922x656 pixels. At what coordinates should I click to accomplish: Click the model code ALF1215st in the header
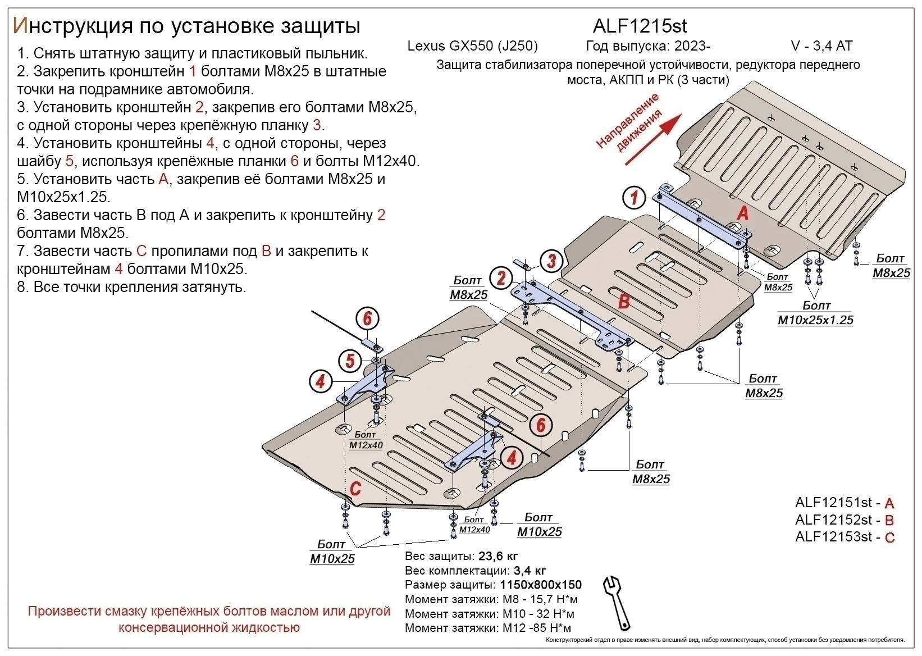pos(640,26)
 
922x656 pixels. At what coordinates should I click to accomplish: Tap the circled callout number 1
pos(635,198)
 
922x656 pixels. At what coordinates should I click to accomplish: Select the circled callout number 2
pos(501,278)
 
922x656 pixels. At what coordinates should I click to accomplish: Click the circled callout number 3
pos(551,261)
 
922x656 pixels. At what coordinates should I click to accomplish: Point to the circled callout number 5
pos(350,361)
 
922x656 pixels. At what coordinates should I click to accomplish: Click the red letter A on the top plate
pos(742,213)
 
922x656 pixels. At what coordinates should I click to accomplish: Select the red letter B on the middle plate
pos(624,302)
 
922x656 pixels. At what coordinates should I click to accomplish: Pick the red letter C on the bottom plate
pos(355,489)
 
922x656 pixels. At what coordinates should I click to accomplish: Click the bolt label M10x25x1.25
pos(815,320)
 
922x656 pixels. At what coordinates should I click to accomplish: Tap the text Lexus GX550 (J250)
pos(472,46)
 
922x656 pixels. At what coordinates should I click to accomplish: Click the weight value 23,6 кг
pos(497,557)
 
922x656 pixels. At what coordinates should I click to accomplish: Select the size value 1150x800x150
pos(540,585)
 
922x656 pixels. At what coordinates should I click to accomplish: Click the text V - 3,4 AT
pos(821,46)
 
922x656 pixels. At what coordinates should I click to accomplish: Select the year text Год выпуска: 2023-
pos(648,46)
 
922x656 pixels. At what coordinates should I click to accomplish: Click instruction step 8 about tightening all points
pos(132,287)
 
